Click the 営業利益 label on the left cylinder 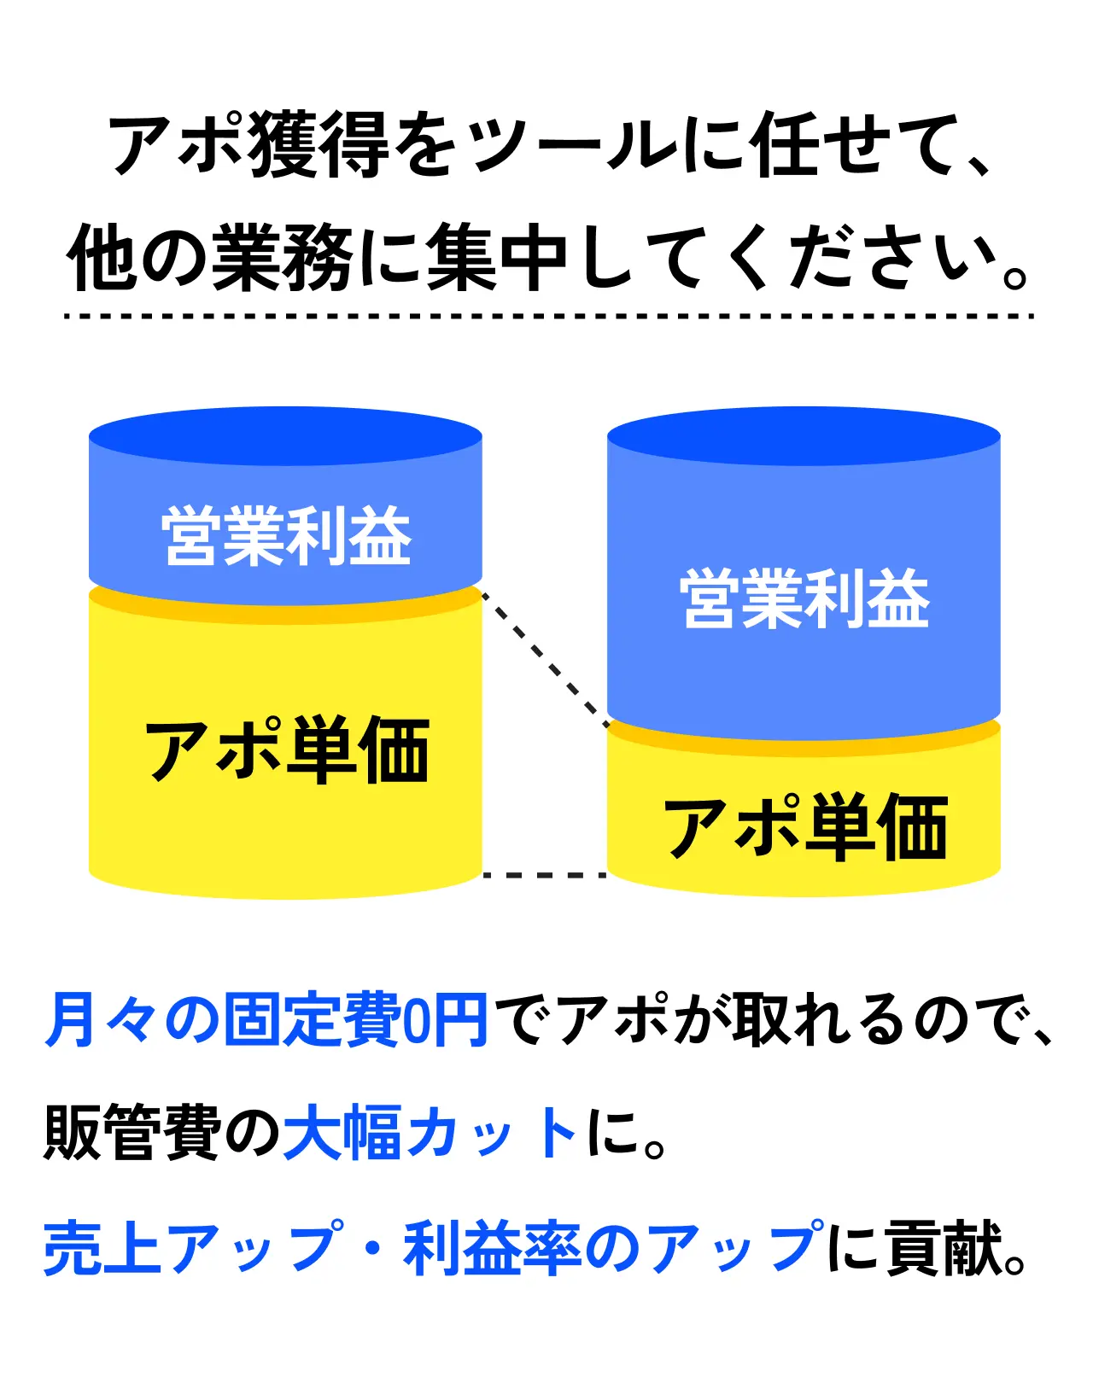286,536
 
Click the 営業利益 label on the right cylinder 804,599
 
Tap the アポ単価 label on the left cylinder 286,750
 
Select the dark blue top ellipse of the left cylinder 286,435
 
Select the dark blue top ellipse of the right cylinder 804,435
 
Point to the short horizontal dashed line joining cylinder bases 545,875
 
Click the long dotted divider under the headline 548,316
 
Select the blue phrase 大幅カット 431,1133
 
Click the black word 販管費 132,1133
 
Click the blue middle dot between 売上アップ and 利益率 373,1249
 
